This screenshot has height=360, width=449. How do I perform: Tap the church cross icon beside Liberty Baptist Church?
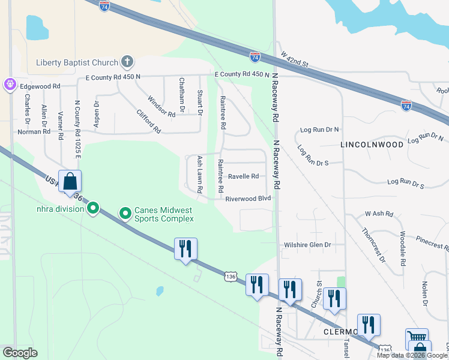pyautogui.click(x=127, y=61)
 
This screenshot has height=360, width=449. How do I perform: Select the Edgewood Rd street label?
pyautogui.click(x=41, y=86)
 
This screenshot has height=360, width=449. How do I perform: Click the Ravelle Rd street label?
pyautogui.click(x=243, y=176)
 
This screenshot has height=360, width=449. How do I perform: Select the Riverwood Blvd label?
pyautogui.click(x=249, y=198)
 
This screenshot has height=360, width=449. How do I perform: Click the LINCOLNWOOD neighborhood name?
pyautogui.click(x=372, y=145)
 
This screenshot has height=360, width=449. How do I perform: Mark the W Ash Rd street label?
pyautogui.click(x=378, y=214)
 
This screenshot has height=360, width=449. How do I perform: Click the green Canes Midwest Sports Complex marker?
pyautogui.click(x=125, y=213)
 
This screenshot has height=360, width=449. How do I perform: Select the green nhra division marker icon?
pyautogui.click(x=92, y=208)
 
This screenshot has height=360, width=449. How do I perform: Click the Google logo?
pyautogui.click(x=20, y=353)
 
